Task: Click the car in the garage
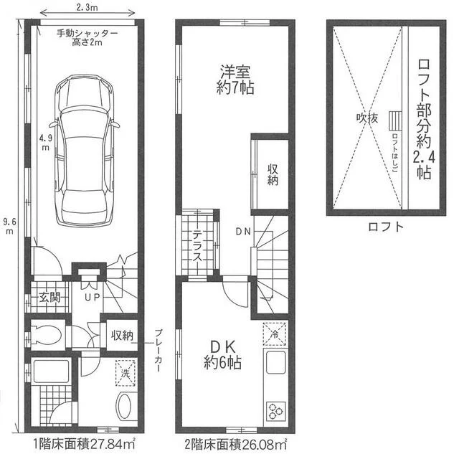(x=85, y=151)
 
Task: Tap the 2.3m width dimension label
(x=87, y=8)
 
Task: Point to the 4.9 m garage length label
(x=46, y=142)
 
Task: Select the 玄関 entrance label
(x=49, y=298)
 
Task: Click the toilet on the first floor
(x=47, y=334)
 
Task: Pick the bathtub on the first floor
(x=51, y=372)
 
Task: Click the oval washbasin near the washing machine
(x=124, y=407)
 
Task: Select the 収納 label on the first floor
(x=122, y=336)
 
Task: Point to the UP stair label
(x=93, y=297)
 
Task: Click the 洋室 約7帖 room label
(x=235, y=79)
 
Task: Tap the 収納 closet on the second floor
(x=273, y=174)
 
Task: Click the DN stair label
(x=243, y=232)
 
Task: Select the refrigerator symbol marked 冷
(x=274, y=334)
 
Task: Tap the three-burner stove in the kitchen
(x=275, y=411)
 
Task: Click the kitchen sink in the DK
(x=275, y=362)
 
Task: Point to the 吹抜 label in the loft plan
(x=367, y=118)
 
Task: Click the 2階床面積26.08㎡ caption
(x=236, y=445)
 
